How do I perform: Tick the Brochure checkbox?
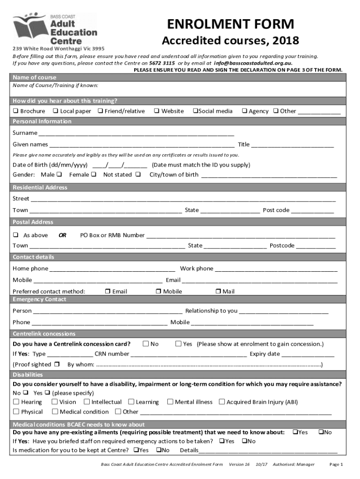click(15, 111)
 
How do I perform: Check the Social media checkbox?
click(195, 111)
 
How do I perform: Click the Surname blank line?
click(136, 133)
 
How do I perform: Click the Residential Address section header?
click(40, 187)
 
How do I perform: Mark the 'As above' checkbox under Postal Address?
click(15, 235)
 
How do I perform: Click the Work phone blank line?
click(276, 269)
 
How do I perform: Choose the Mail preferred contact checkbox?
click(218, 291)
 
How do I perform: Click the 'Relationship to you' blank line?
click(284, 311)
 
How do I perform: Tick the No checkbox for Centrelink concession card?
click(146, 344)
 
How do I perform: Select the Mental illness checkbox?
click(170, 402)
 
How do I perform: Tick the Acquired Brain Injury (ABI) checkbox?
click(222, 402)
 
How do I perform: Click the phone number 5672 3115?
click(162, 63)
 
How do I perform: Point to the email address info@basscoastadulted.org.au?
click(253, 63)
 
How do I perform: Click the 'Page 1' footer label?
click(336, 464)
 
